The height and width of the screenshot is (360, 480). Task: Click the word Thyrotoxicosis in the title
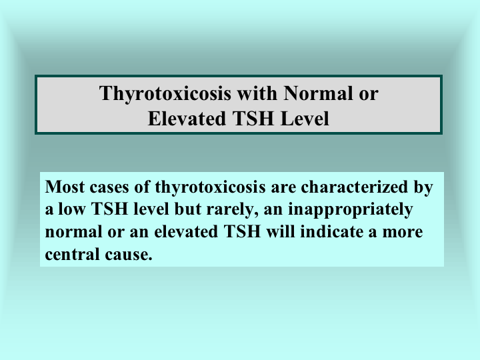pyautogui.click(x=165, y=94)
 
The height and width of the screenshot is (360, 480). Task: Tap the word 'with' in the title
pyautogui.click(x=257, y=93)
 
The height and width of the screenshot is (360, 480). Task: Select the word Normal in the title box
pyautogui.click(x=318, y=93)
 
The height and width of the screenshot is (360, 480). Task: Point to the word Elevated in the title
pyautogui.click(x=187, y=119)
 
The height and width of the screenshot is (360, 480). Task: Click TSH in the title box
pyautogui.click(x=253, y=119)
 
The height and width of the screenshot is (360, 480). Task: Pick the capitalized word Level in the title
pyautogui.click(x=305, y=119)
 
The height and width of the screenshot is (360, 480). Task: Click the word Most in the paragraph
pyautogui.click(x=65, y=187)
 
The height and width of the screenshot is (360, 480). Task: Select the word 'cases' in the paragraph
pyautogui.click(x=109, y=187)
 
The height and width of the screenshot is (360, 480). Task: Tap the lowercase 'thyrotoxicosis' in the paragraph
pyautogui.click(x=210, y=187)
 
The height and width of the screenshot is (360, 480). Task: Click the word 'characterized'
pyautogui.click(x=355, y=187)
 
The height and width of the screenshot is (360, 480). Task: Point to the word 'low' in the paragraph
pyautogui.click(x=71, y=209)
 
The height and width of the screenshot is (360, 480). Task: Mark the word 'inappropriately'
pyautogui.click(x=351, y=210)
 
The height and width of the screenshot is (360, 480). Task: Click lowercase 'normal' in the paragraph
pyautogui.click(x=73, y=232)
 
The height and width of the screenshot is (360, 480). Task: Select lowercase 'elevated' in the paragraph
pyautogui.click(x=186, y=231)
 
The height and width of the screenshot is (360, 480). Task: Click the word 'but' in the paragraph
pyautogui.click(x=187, y=209)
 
